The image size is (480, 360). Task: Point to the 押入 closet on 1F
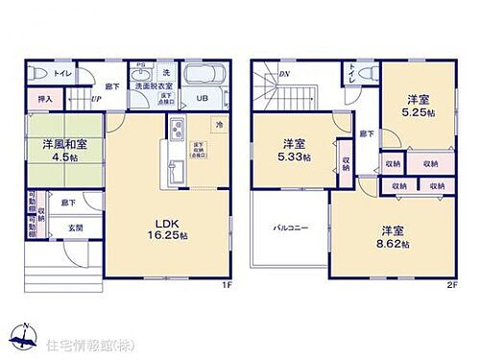pos(45,99)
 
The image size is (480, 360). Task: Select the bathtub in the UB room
pos(203,75)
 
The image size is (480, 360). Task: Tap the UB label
pos(203,98)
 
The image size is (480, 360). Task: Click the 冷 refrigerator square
pos(219,124)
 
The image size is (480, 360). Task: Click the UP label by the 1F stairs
pos(97,98)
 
